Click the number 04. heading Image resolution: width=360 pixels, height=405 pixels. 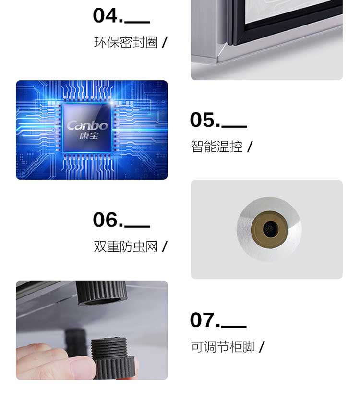[x=108, y=15]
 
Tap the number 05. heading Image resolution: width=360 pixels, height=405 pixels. [x=205, y=120]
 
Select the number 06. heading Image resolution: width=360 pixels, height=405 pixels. [x=108, y=220]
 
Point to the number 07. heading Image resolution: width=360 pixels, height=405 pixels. [x=205, y=320]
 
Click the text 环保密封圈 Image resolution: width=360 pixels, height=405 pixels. [x=126, y=42]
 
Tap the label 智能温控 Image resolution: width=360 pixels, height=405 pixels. [x=216, y=147]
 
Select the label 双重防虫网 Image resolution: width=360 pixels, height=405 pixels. [x=126, y=246]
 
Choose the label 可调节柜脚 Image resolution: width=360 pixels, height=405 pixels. [x=223, y=346]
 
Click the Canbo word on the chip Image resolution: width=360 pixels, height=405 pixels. [x=87, y=125]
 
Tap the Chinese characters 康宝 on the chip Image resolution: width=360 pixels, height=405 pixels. [x=89, y=135]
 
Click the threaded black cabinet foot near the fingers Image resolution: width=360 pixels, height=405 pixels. [x=113, y=358]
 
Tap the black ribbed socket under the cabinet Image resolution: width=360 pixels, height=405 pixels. [x=102, y=293]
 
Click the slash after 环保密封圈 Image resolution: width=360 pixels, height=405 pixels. [x=165, y=42]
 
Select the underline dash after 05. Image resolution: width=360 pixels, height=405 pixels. [x=234, y=126]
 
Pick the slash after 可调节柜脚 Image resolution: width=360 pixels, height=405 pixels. [x=262, y=346]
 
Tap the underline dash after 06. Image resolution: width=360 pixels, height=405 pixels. [x=137, y=226]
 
